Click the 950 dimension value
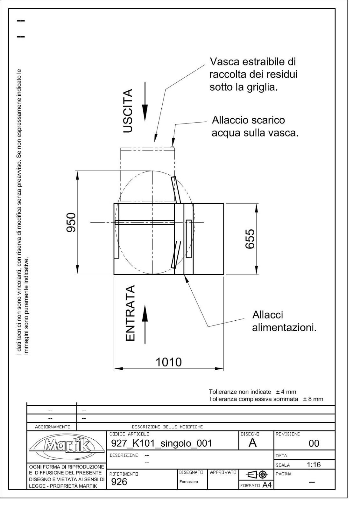71,222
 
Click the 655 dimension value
250,239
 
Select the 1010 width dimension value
168,362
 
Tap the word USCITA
128,111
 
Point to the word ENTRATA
130,313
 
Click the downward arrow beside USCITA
145,102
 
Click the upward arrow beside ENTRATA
145,324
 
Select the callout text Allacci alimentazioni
284,322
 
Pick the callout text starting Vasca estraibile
253,74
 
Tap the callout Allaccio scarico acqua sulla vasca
255,126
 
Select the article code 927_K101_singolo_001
161,443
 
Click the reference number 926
119,482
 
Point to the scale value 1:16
314,465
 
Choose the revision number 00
314,443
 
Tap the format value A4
267,485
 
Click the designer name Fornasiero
188,482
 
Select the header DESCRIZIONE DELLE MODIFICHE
167,427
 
